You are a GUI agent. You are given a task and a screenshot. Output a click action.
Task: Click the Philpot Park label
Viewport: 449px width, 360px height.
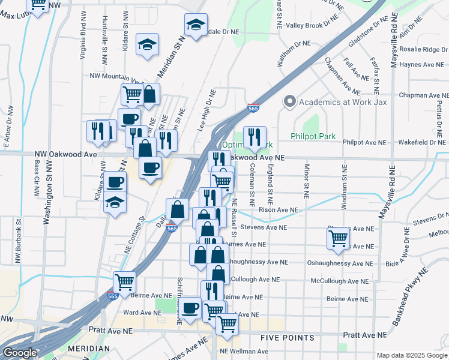pyautogui.click(x=313, y=136)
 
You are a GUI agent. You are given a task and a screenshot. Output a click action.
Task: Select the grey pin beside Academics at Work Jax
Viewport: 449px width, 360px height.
pyautogui.click(x=291, y=101)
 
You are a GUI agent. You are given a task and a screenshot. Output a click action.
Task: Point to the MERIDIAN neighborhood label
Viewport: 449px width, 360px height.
pyautogui.click(x=88, y=349)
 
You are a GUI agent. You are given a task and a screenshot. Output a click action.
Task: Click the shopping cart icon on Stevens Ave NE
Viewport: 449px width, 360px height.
pyautogui.click(x=338, y=238)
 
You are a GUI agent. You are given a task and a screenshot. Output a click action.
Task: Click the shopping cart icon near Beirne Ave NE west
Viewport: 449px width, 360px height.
pyautogui.click(x=124, y=281)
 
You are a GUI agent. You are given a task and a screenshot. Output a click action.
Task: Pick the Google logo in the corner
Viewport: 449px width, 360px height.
pyautogui.click(x=20, y=353)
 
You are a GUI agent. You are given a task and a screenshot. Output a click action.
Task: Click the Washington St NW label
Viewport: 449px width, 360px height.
pyautogui.click(x=46, y=193)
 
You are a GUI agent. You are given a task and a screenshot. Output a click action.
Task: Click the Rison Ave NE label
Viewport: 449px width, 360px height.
pyautogui.click(x=278, y=210)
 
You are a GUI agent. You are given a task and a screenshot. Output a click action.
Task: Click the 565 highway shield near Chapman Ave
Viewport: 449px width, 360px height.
pyautogui.click(x=252, y=108)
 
